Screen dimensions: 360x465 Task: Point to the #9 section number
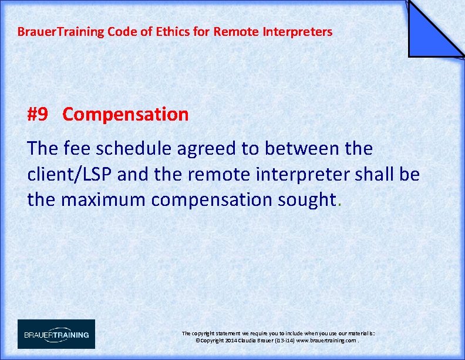(x=38, y=114)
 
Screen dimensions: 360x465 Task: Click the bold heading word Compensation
(x=126, y=114)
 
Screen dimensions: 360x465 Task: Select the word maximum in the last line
(x=104, y=200)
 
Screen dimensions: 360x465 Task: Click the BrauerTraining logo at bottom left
(x=56, y=334)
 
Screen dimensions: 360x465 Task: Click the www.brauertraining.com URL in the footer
(x=326, y=341)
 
